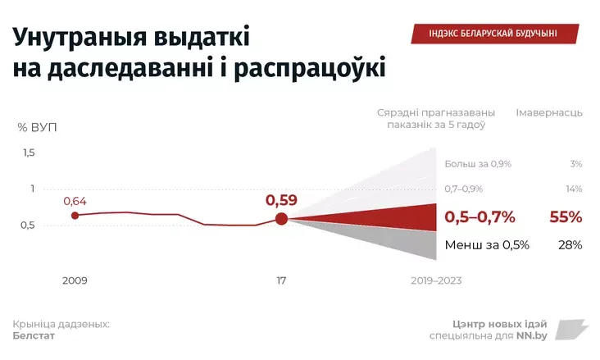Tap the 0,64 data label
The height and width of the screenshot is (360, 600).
coord(75,201)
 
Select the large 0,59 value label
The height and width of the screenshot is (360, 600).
coord(281,199)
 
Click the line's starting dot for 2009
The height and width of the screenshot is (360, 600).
coord(75,216)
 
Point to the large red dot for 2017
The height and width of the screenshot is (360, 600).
coord(281,218)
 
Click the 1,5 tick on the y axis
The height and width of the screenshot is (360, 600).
coord(29,153)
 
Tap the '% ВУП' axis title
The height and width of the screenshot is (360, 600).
coord(38,127)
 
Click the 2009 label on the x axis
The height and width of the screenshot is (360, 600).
coord(75,280)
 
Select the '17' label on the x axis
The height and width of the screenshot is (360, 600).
coord(281,280)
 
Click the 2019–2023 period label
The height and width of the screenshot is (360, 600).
coord(436,280)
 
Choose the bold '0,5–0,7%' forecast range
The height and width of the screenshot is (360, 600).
coord(480,217)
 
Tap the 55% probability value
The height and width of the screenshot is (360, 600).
coord(566,217)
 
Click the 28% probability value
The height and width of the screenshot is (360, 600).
coord(570,244)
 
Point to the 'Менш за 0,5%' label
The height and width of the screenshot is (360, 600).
coord(487,244)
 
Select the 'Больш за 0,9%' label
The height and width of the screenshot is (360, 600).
coord(478,164)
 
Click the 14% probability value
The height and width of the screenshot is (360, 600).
coord(574,189)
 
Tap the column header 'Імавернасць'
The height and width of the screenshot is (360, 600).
coord(549,112)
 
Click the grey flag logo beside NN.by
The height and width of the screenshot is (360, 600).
coord(571,330)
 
